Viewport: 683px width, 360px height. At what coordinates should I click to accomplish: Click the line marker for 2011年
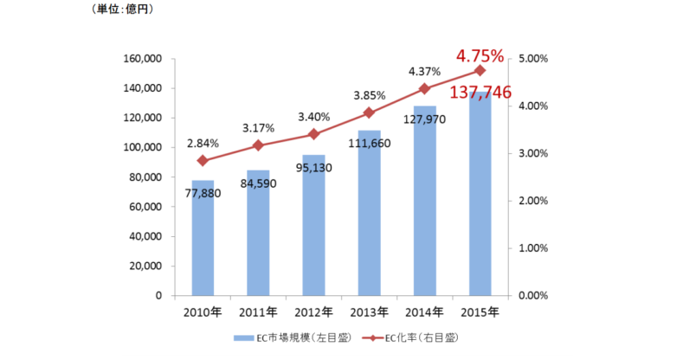pos(258,145)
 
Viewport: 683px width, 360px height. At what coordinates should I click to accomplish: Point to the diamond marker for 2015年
pos(480,70)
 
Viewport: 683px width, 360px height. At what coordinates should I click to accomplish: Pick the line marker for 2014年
pos(424,88)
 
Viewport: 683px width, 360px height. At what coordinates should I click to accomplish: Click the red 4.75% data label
pos(480,56)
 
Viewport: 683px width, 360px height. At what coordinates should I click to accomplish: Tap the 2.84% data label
pos(202,143)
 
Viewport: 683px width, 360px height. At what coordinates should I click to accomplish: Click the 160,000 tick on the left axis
pos(140,59)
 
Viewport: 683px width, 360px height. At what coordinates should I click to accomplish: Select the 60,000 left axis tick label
pos(144,207)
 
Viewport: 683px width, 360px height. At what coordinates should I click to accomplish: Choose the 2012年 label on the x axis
pos(313,312)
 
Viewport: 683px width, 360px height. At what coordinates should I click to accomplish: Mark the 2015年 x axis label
pos(480,312)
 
